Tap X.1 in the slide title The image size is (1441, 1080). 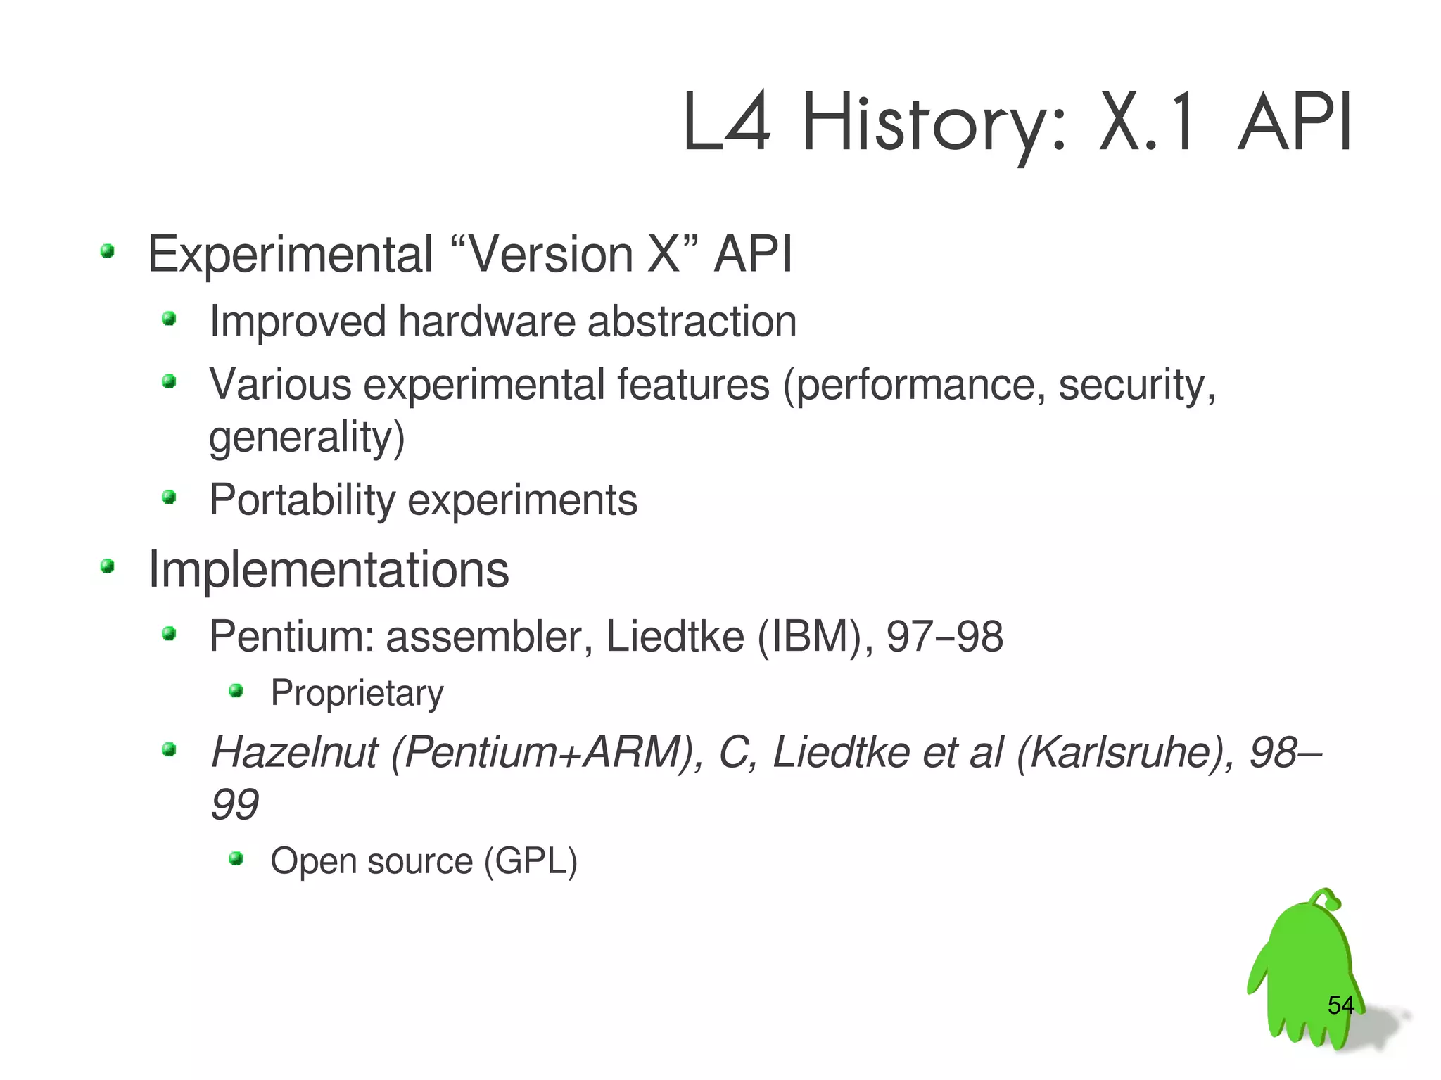click(1147, 123)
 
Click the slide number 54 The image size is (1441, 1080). click(1340, 1005)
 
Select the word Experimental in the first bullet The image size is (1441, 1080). click(291, 255)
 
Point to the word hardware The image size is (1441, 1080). click(487, 322)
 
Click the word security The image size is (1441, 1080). click(1136, 385)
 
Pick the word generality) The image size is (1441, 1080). click(307, 438)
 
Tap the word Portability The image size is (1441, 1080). click(303, 500)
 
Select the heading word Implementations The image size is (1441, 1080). click(328, 569)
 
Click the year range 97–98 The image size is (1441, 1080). click(944, 637)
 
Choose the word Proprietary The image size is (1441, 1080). click(357, 693)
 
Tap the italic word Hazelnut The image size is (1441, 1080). click(295, 752)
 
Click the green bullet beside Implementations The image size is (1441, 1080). click(107, 566)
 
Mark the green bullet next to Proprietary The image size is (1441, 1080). click(236, 691)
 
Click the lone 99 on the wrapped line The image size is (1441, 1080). click(234, 804)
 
